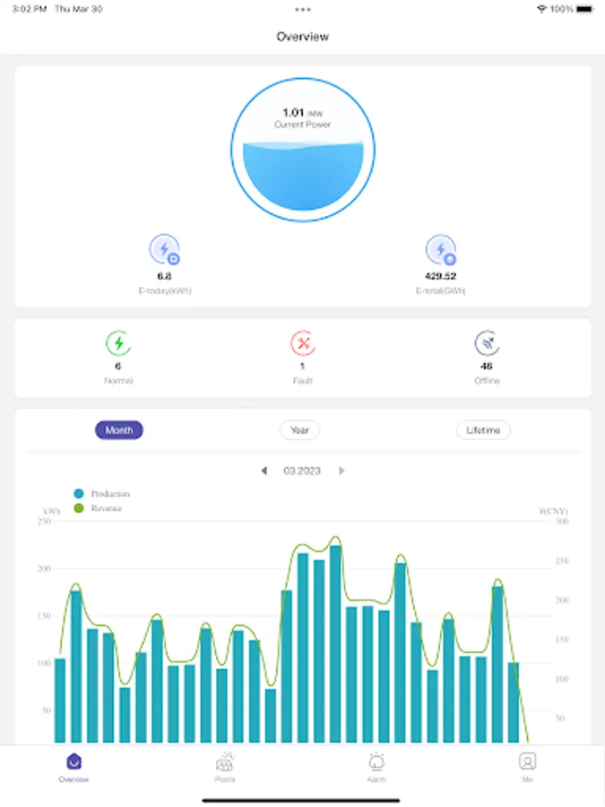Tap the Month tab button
[119, 430]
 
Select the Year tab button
[299, 430]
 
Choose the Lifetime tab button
[483, 430]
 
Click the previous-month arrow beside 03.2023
[264, 471]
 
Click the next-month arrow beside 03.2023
[341, 471]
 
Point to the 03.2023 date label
[302, 471]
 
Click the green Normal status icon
[118, 343]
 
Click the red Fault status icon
[302, 343]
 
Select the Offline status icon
[487, 343]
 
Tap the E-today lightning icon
[164, 249]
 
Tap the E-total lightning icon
[440, 249]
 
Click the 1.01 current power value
[294, 112]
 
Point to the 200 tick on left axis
[45, 568]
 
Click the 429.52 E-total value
[440, 276]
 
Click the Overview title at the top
[302, 37]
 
